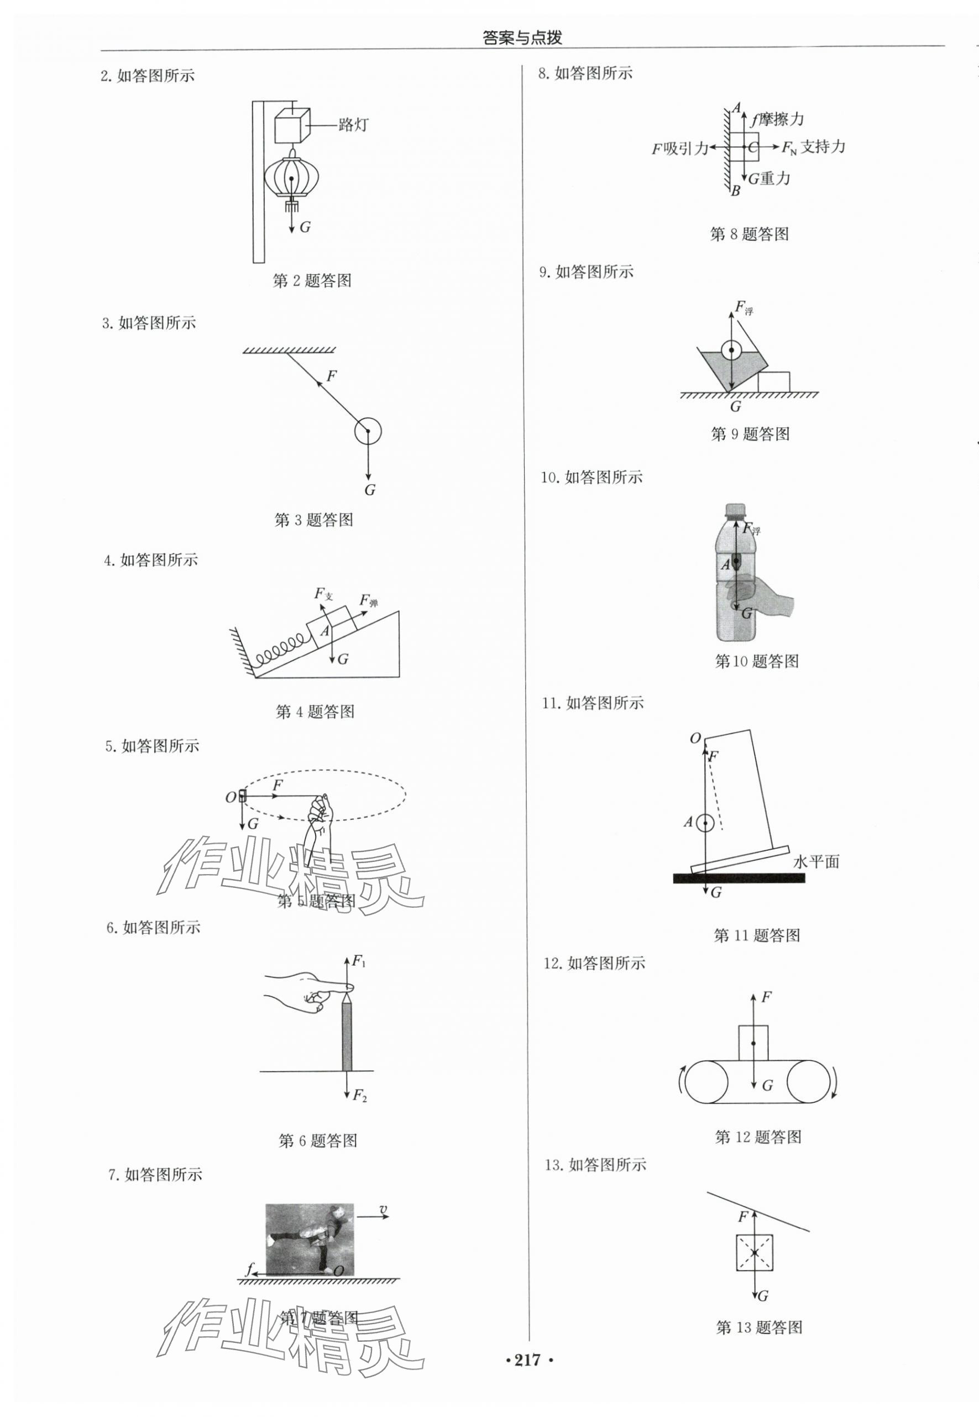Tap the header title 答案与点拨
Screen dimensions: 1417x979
click(522, 38)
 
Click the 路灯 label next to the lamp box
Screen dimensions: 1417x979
click(353, 125)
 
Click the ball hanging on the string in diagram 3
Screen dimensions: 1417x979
click(368, 431)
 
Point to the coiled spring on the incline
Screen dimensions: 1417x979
click(280, 651)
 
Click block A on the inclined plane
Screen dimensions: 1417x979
click(331, 624)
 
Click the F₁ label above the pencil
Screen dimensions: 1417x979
click(358, 962)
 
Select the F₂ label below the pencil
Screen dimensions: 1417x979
click(359, 1096)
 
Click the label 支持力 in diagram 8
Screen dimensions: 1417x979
click(823, 147)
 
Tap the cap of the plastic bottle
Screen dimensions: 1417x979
click(735, 510)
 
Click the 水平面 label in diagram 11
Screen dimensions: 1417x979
click(816, 862)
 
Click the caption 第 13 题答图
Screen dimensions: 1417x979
click(759, 1327)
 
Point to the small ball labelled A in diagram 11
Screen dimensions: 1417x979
click(705, 823)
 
